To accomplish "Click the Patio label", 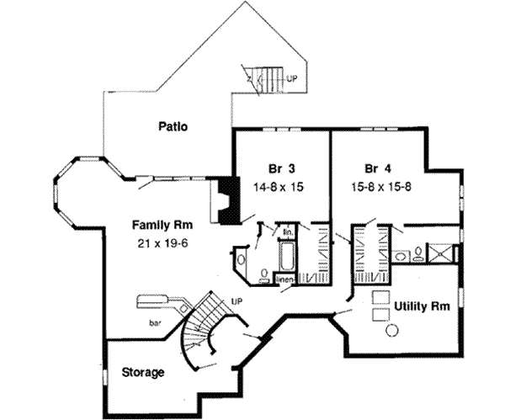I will pos(172,127).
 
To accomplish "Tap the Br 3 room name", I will pos(265,167).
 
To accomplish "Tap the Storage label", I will pos(142,371).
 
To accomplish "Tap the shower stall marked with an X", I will pos(440,253).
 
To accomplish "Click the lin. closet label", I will pos(286,231).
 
